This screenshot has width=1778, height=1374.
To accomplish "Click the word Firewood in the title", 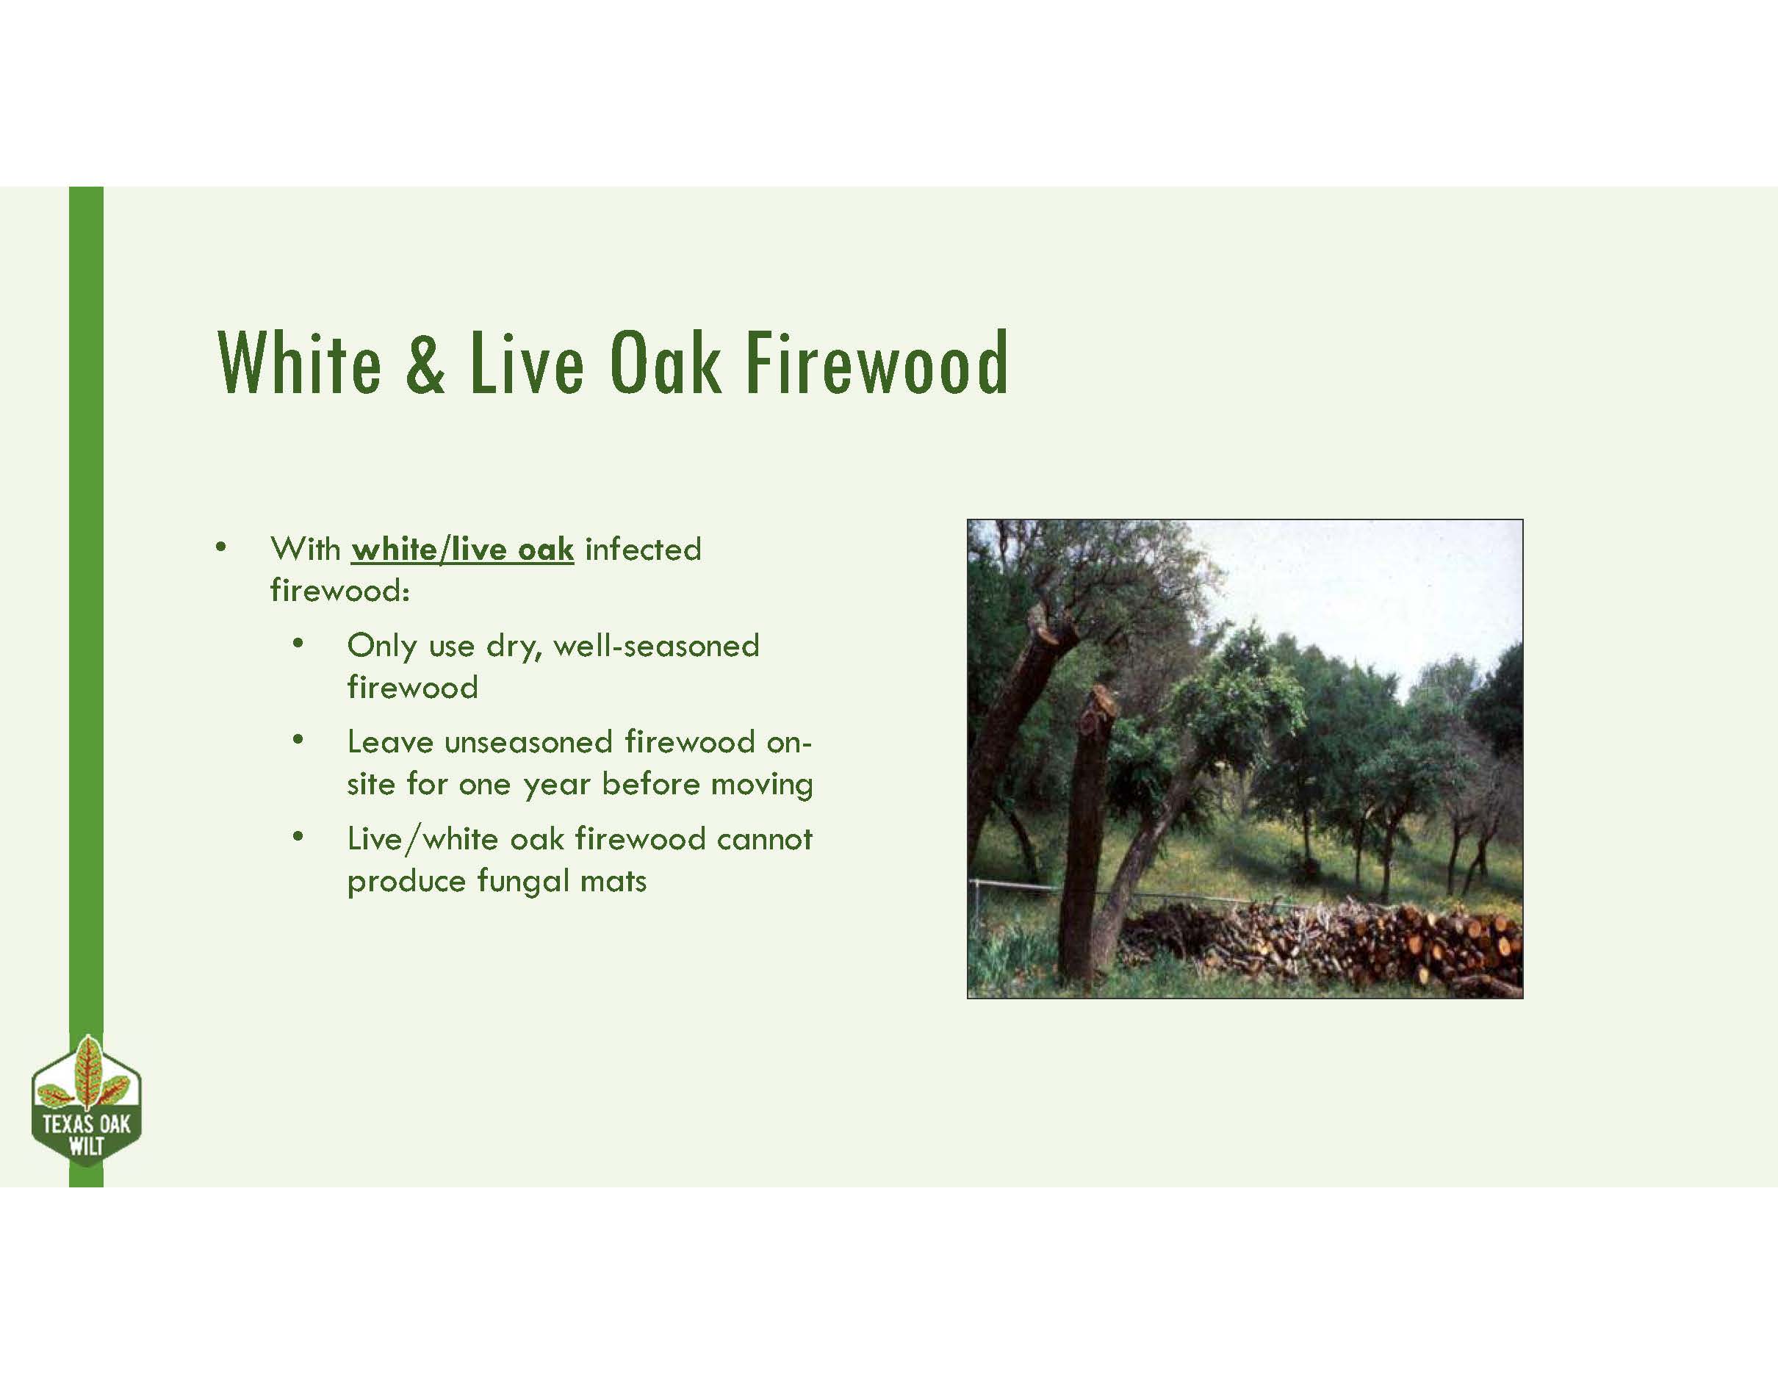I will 877,364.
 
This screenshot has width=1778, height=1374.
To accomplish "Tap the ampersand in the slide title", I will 425,364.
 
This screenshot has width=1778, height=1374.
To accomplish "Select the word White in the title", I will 299,364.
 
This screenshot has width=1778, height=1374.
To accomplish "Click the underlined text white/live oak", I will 462,550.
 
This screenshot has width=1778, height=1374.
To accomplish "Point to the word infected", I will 642,550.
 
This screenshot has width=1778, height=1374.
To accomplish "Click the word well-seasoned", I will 656,646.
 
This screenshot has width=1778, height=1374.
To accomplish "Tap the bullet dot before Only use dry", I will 298,644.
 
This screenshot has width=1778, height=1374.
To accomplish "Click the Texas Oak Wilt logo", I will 86,1103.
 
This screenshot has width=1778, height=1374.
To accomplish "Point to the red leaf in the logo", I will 86,1071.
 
